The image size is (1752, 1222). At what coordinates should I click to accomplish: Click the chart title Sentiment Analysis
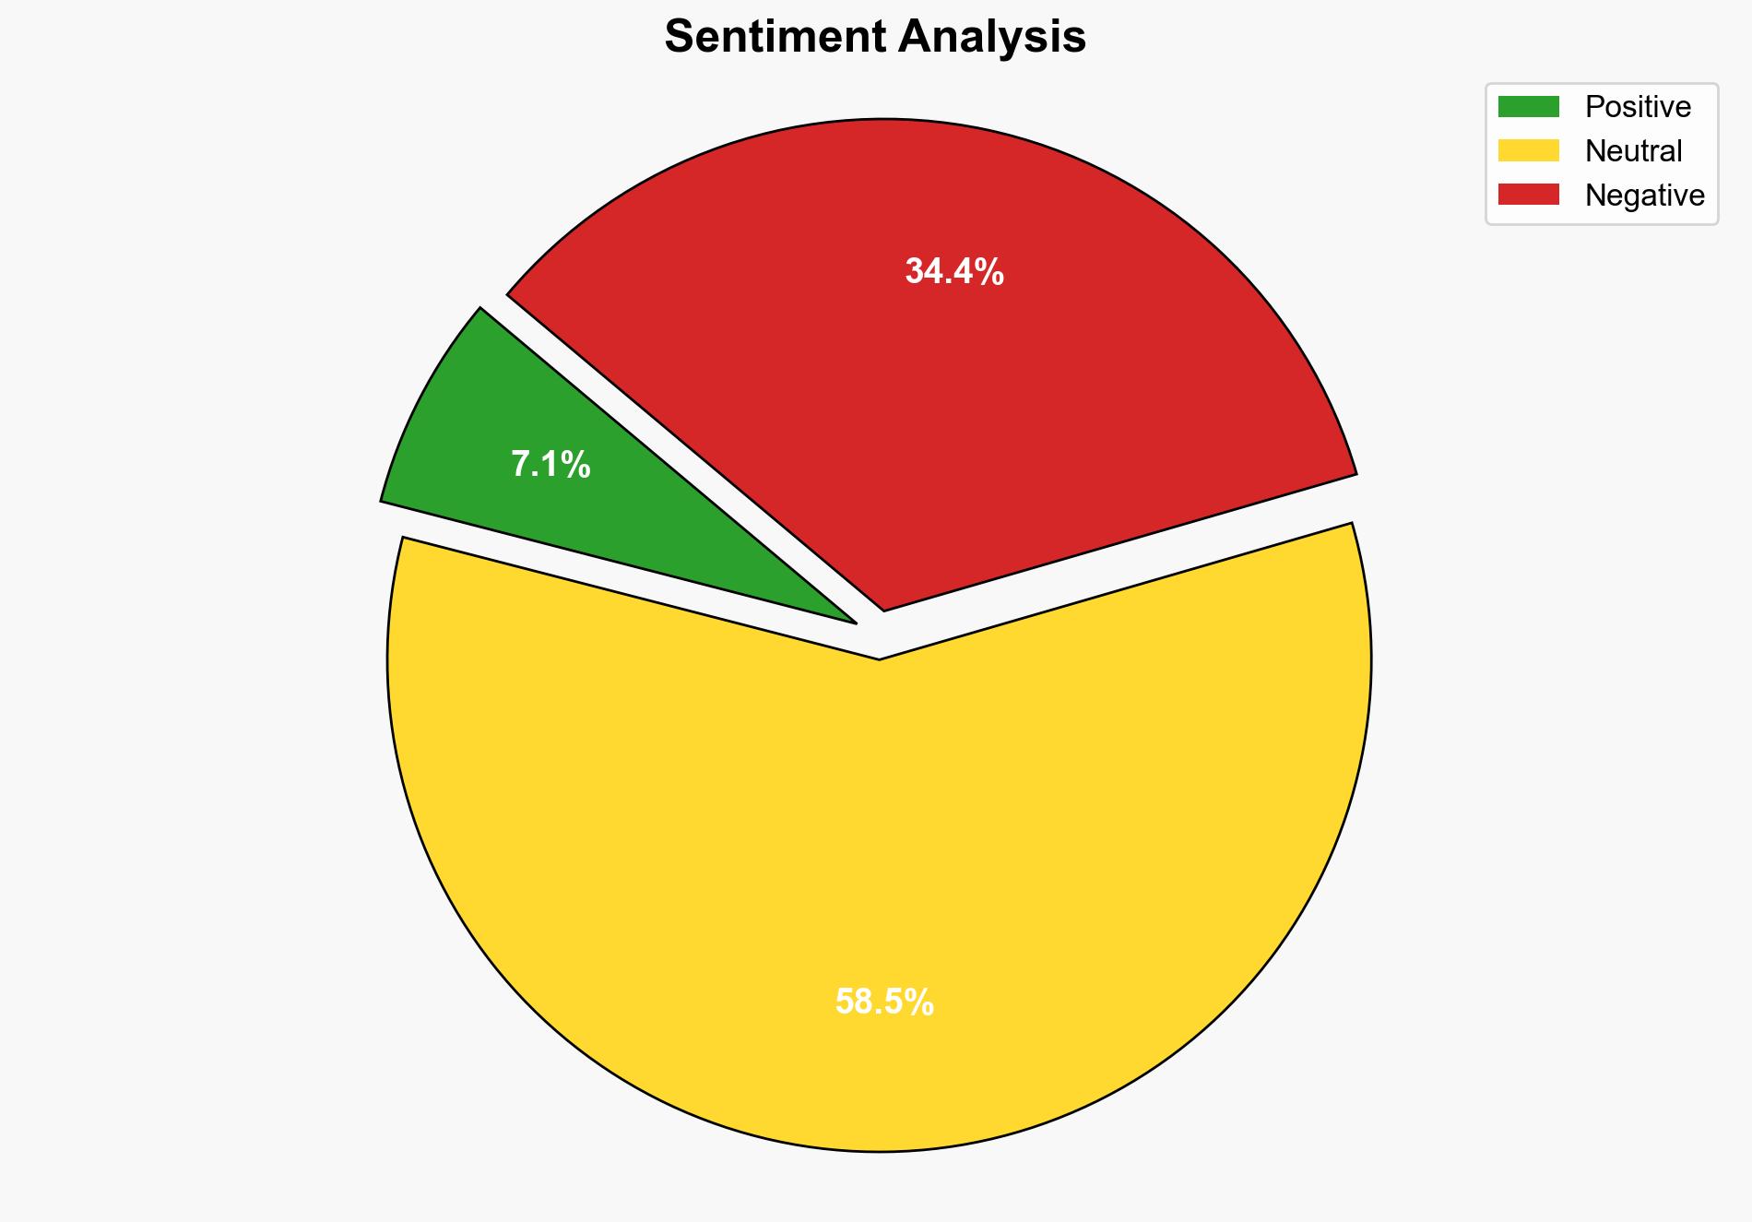875,37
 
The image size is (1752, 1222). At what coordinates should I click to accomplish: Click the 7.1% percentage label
550,464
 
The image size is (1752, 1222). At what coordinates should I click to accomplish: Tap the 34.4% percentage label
953,271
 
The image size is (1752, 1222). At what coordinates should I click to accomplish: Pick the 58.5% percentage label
884,1002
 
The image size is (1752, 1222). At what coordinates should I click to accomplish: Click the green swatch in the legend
1528,107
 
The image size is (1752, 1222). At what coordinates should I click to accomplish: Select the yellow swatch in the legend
1528,150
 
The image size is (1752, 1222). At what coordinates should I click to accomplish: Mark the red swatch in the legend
1528,195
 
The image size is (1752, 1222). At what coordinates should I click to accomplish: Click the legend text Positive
1638,107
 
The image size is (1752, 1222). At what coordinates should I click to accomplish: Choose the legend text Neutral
1633,150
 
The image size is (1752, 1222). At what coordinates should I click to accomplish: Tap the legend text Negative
1644,195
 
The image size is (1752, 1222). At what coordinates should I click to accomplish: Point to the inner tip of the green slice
852,621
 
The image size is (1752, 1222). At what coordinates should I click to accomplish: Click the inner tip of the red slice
884,608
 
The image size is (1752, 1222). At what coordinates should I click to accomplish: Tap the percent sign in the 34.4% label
990,271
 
